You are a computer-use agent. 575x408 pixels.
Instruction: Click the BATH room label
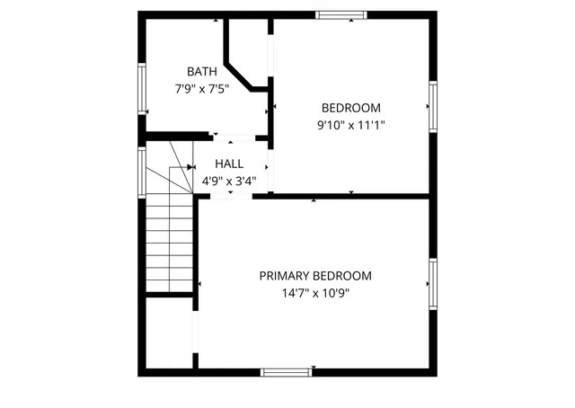[x=202, y=71]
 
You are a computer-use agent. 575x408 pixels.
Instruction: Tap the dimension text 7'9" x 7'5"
[x=202, y=88]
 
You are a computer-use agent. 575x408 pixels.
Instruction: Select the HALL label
[x=229, y=164]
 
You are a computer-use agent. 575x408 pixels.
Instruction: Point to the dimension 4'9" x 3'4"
[x=229, y=181]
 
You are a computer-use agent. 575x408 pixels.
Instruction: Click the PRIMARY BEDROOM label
[x=315, y=276]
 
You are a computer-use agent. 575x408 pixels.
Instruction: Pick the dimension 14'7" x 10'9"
[x=315, y=293]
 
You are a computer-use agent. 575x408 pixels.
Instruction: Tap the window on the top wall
[x=341, y=14]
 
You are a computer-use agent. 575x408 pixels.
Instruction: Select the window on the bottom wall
[x=286, y=371]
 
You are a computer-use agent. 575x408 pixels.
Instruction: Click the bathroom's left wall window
[x=141, y=89]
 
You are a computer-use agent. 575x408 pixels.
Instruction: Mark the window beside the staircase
[x=141, y=173]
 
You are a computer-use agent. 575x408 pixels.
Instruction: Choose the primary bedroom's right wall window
[x=432, y=284]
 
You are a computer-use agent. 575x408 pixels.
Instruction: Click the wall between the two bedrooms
[x=350, y=195]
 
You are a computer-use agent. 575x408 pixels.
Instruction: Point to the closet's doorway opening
[x=195, y=333]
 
